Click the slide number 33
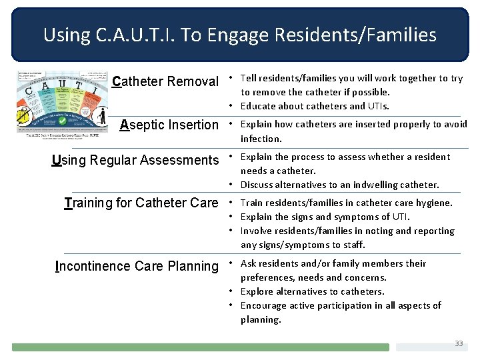(x=459, y=343)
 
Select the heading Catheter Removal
(x=165, y=82)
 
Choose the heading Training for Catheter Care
(x=141, y=203)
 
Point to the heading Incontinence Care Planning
(x=137, y=267)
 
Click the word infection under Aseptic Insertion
(x=261, y=139)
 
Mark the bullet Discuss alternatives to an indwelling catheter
(x=340, y=185)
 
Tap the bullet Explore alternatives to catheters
(x=312, y=291)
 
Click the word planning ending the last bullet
(x=260, y=319)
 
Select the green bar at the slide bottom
(x=200, y=347)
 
